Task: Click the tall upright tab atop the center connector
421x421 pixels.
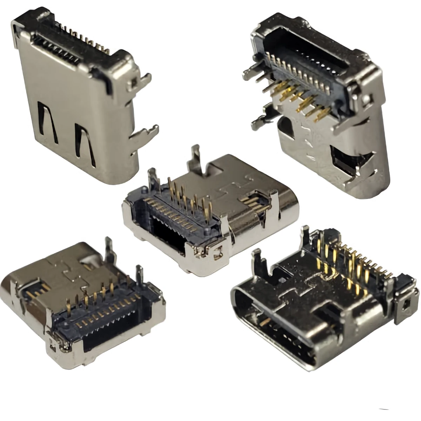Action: [x=195, y=158]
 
